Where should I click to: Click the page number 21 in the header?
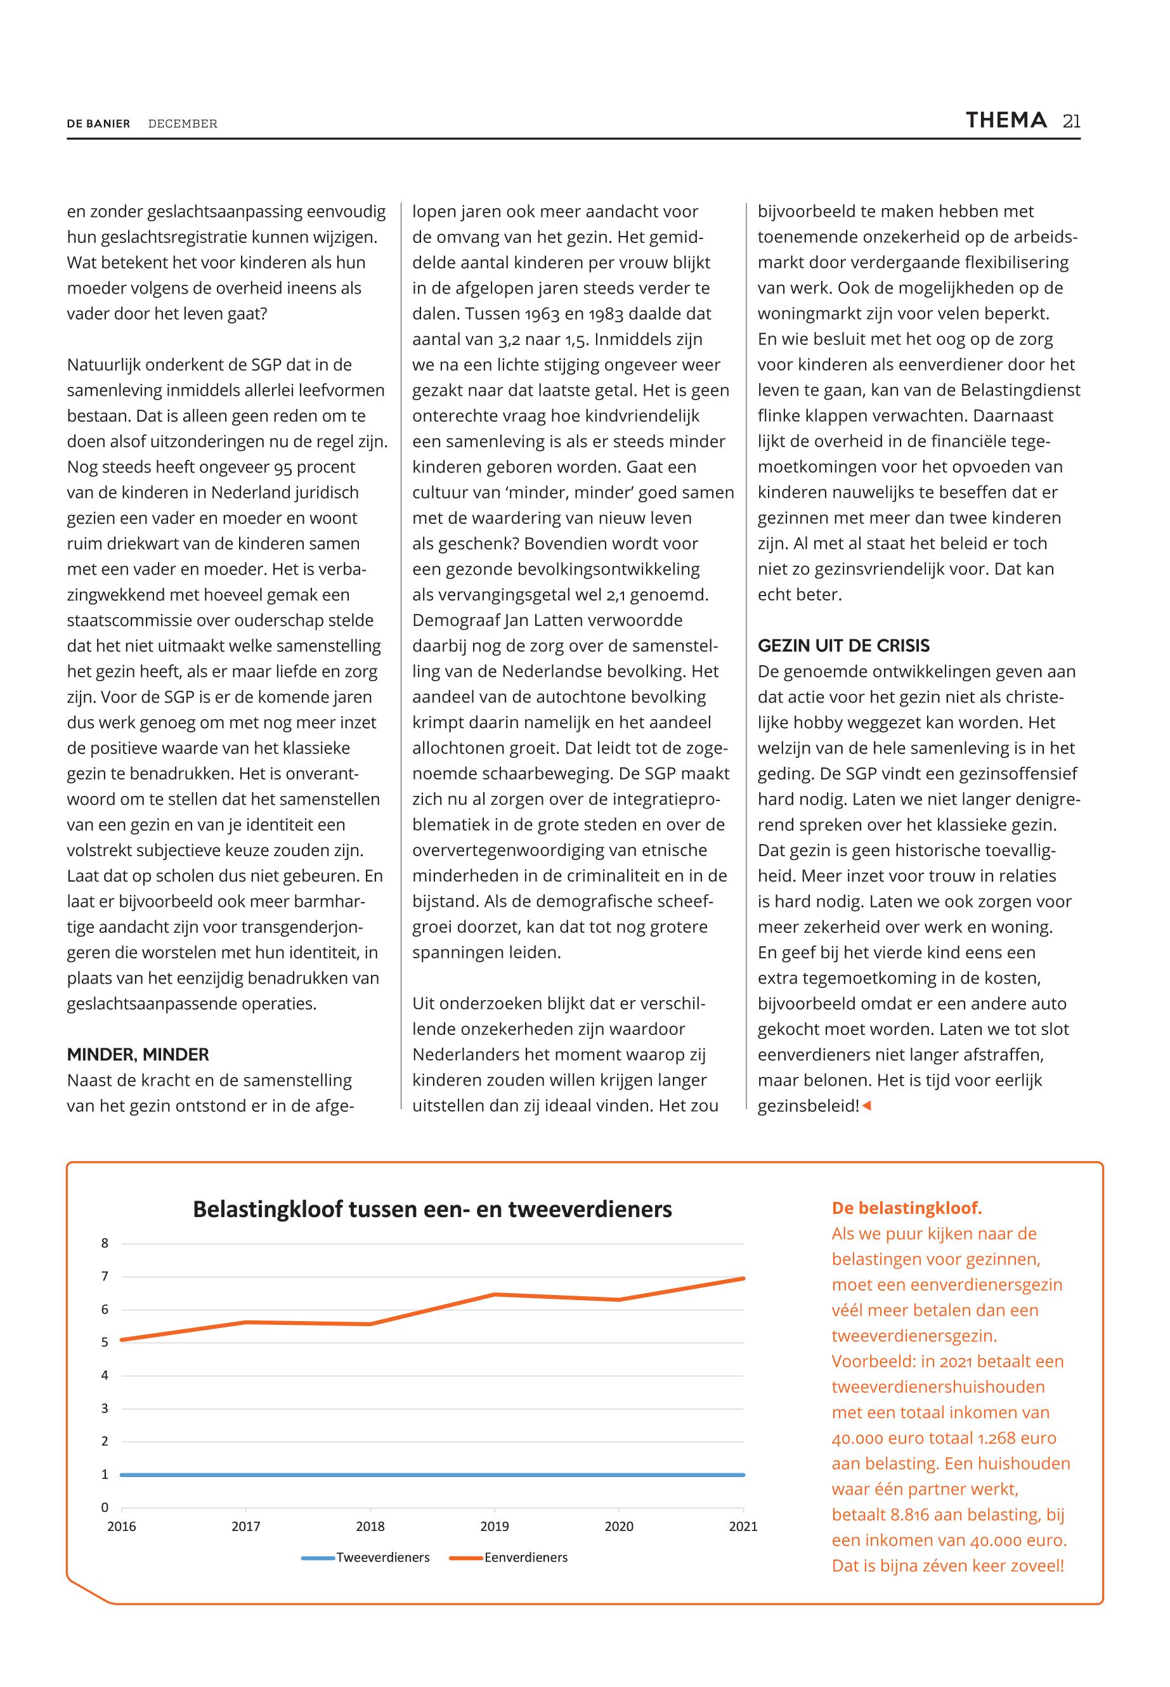click(x=1071, y=122)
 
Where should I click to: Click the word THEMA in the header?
click(x=1006, y=120)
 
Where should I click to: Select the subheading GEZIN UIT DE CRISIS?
click(x=843, y=645)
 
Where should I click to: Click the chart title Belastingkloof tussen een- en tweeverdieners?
click(x=432, y=1209)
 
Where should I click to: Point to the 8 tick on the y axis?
click(x=105, y=1244)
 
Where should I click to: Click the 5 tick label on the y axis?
click(x=105, y=1343)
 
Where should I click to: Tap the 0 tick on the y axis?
click(x=105, y=1508)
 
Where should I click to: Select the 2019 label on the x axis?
click(x=495, y=1527)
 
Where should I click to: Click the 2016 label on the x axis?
click(x=122, y=1527)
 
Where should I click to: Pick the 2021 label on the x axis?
click(x=743, y=1527)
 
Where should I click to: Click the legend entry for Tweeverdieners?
click(x=382, y=1557)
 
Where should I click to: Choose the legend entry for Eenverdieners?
click(x=525, y=1557)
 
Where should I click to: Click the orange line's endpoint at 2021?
click(x=743, y=1279)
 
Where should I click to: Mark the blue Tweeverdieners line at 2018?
click(x=370, y=1475)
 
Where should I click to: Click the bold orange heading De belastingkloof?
click(x=906, y=1208)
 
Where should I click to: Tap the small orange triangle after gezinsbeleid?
click(x=866, y=1105)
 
